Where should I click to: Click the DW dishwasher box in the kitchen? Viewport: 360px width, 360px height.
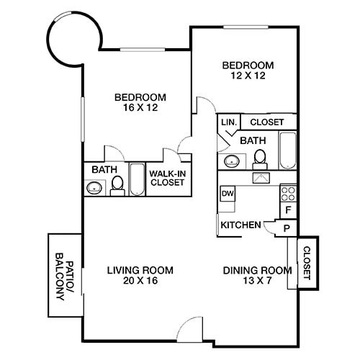pos(228,194)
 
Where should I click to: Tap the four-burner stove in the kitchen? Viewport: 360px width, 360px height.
pos(287,193)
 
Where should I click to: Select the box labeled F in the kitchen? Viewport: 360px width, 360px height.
pos(287,210)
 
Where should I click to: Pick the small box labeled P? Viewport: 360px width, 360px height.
pos(287,228)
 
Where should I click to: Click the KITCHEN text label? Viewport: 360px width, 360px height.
pos(240,225)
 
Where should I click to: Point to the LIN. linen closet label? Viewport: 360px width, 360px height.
pos(229,122)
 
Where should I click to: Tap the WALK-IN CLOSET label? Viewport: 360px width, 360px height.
pos(166,178)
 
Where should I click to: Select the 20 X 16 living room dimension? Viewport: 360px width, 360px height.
pos(140,282)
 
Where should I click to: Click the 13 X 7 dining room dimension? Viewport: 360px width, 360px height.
pos(257,282)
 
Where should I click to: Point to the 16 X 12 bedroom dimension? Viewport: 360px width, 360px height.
pos(140,108)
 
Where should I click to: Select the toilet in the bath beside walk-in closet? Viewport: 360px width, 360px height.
pos(117,186)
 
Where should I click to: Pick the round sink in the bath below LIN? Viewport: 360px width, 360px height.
pos(232,161)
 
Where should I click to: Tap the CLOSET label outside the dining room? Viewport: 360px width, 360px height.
pos(307,263)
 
